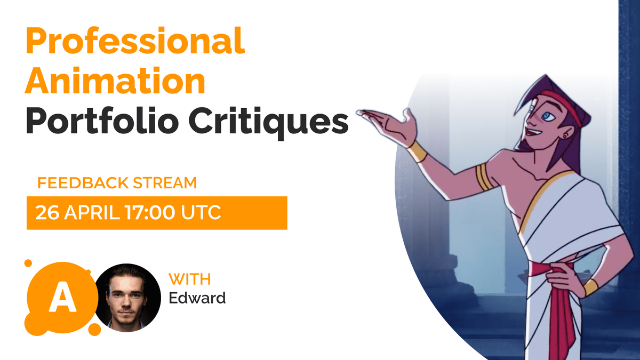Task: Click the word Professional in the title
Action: point(135,41)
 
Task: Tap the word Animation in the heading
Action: point(115,81)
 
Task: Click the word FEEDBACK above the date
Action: point(83,183)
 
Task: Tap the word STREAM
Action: point(165,183)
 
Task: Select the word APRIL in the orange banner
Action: point(92,213)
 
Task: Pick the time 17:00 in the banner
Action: point(150,213)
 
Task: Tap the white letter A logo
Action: point(62,297)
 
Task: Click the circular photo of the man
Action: point(127,298)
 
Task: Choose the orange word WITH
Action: point(190,279)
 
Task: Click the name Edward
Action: point(197,298)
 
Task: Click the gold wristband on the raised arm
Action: point(417,151)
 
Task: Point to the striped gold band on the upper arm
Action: point(484,177)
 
